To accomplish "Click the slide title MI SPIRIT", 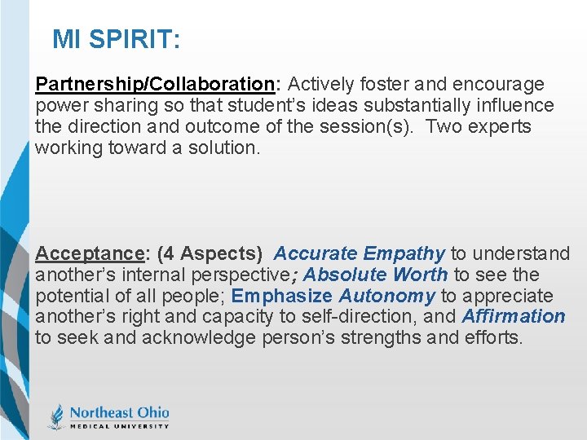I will pos(117,39).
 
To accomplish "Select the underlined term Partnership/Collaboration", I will pos(155,85).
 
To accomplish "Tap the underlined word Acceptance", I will pos(89,253).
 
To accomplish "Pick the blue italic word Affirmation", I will pos(514,316).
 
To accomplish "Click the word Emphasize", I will pos(282,296).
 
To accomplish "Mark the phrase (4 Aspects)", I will pos(210,253).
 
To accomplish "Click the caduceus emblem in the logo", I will pos(56,416).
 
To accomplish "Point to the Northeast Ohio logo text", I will pos(119,411).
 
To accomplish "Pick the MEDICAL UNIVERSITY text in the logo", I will pos(119,425).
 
